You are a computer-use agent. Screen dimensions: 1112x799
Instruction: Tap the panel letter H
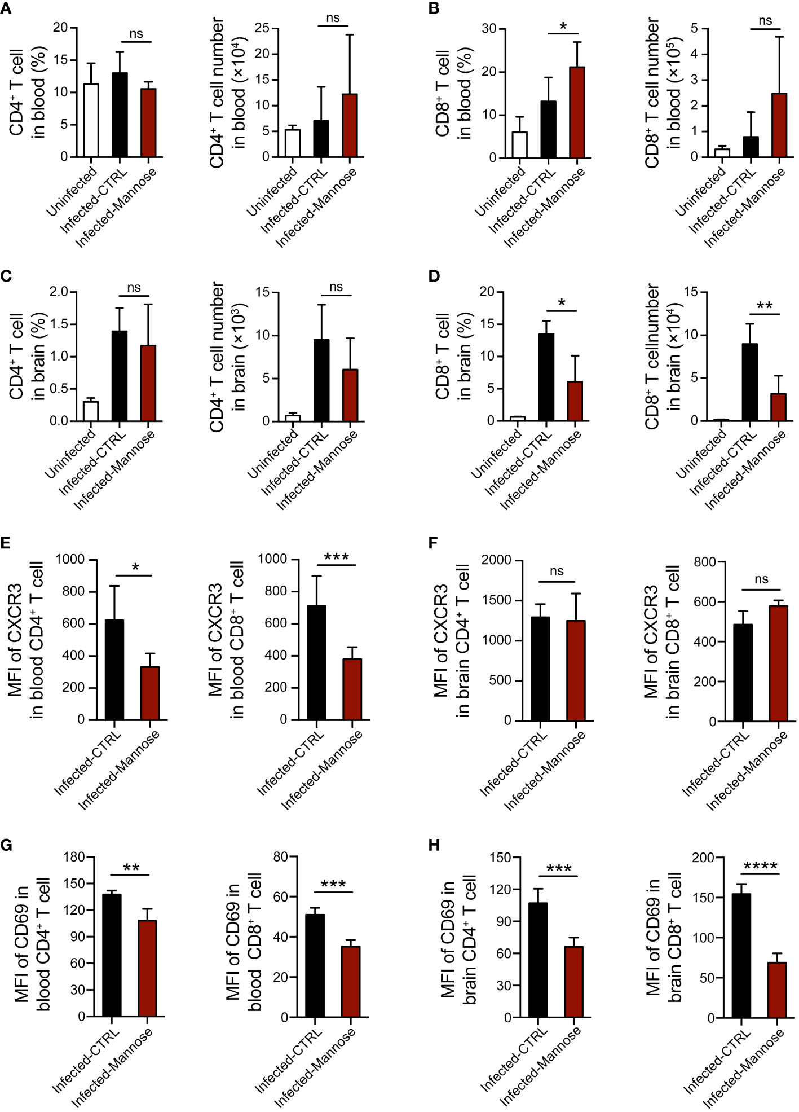click(x=434, y=845)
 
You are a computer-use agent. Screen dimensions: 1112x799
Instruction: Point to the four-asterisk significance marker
click(x=760, y=866)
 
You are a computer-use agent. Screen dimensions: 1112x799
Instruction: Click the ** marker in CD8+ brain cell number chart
click(x=764, y=306)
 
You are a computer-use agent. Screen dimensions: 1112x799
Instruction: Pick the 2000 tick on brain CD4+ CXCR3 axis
click(x=496, y=560)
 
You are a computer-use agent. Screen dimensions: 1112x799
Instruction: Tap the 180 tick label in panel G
click(x=74, y=857)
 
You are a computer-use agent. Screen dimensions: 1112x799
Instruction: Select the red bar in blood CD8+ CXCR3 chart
click(x=352, y=689)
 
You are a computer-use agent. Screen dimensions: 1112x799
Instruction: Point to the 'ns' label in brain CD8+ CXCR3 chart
click(x=761, y=579)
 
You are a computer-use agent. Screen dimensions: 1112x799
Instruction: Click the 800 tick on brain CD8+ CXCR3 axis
click(x=705, y=562)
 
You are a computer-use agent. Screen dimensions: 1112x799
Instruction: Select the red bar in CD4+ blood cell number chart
click(x=350, y=125)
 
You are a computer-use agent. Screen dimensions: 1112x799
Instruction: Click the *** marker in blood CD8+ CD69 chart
click(x=333, y=884)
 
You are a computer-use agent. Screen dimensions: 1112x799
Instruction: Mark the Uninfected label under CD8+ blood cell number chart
click(x=700, y=192)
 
